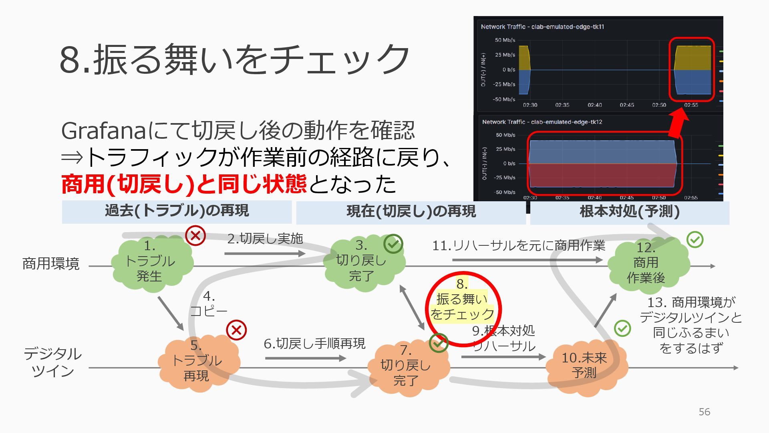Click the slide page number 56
point(704,412)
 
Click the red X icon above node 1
point(195,235)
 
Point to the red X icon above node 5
point(236,330)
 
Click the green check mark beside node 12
point(695,239)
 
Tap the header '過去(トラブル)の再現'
point(177,211)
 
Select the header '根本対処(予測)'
point(630,212)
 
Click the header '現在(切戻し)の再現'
point(411,212)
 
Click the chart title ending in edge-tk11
point(542,27)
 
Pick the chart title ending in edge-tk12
point(542,122)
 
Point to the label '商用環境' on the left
point(51,264)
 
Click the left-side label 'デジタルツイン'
point(52,362)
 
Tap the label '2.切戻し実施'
point(265,239)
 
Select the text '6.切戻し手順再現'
point(314,344)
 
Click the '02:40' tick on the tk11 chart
point(595,105)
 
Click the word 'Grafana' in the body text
point(104,131)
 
